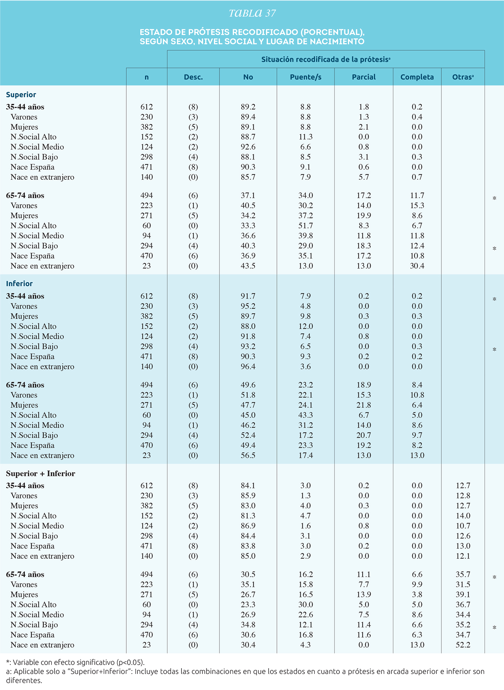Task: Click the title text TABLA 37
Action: (x=252, y=13)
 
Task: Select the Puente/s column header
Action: (x=305, y=77)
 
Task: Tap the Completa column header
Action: (x=417, y=77)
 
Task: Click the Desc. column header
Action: (x=193, y=77)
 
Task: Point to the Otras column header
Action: (x=463, y=77)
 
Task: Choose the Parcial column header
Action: (x=364, y=77)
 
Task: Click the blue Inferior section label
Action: (x=19, y=284)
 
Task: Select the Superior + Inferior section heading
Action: (x=41, y=473)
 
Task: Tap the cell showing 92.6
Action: (x=248, y=147)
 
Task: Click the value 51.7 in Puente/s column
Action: (x=305, y=226)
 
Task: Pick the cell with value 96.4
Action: (x=248, y=367)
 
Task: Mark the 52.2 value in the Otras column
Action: (x=463, y=645)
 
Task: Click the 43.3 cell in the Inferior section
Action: (x=305, y=415)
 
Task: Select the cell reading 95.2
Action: (x=248, y=306)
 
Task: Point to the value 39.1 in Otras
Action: (x=463, y=594)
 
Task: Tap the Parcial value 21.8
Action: (x=364, y=405)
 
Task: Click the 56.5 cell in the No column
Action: (x=248, y=456)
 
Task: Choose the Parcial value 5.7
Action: (x=364, y=177)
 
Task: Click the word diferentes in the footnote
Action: (x=24, y=681)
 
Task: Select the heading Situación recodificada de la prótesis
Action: (x=326, y=60)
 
